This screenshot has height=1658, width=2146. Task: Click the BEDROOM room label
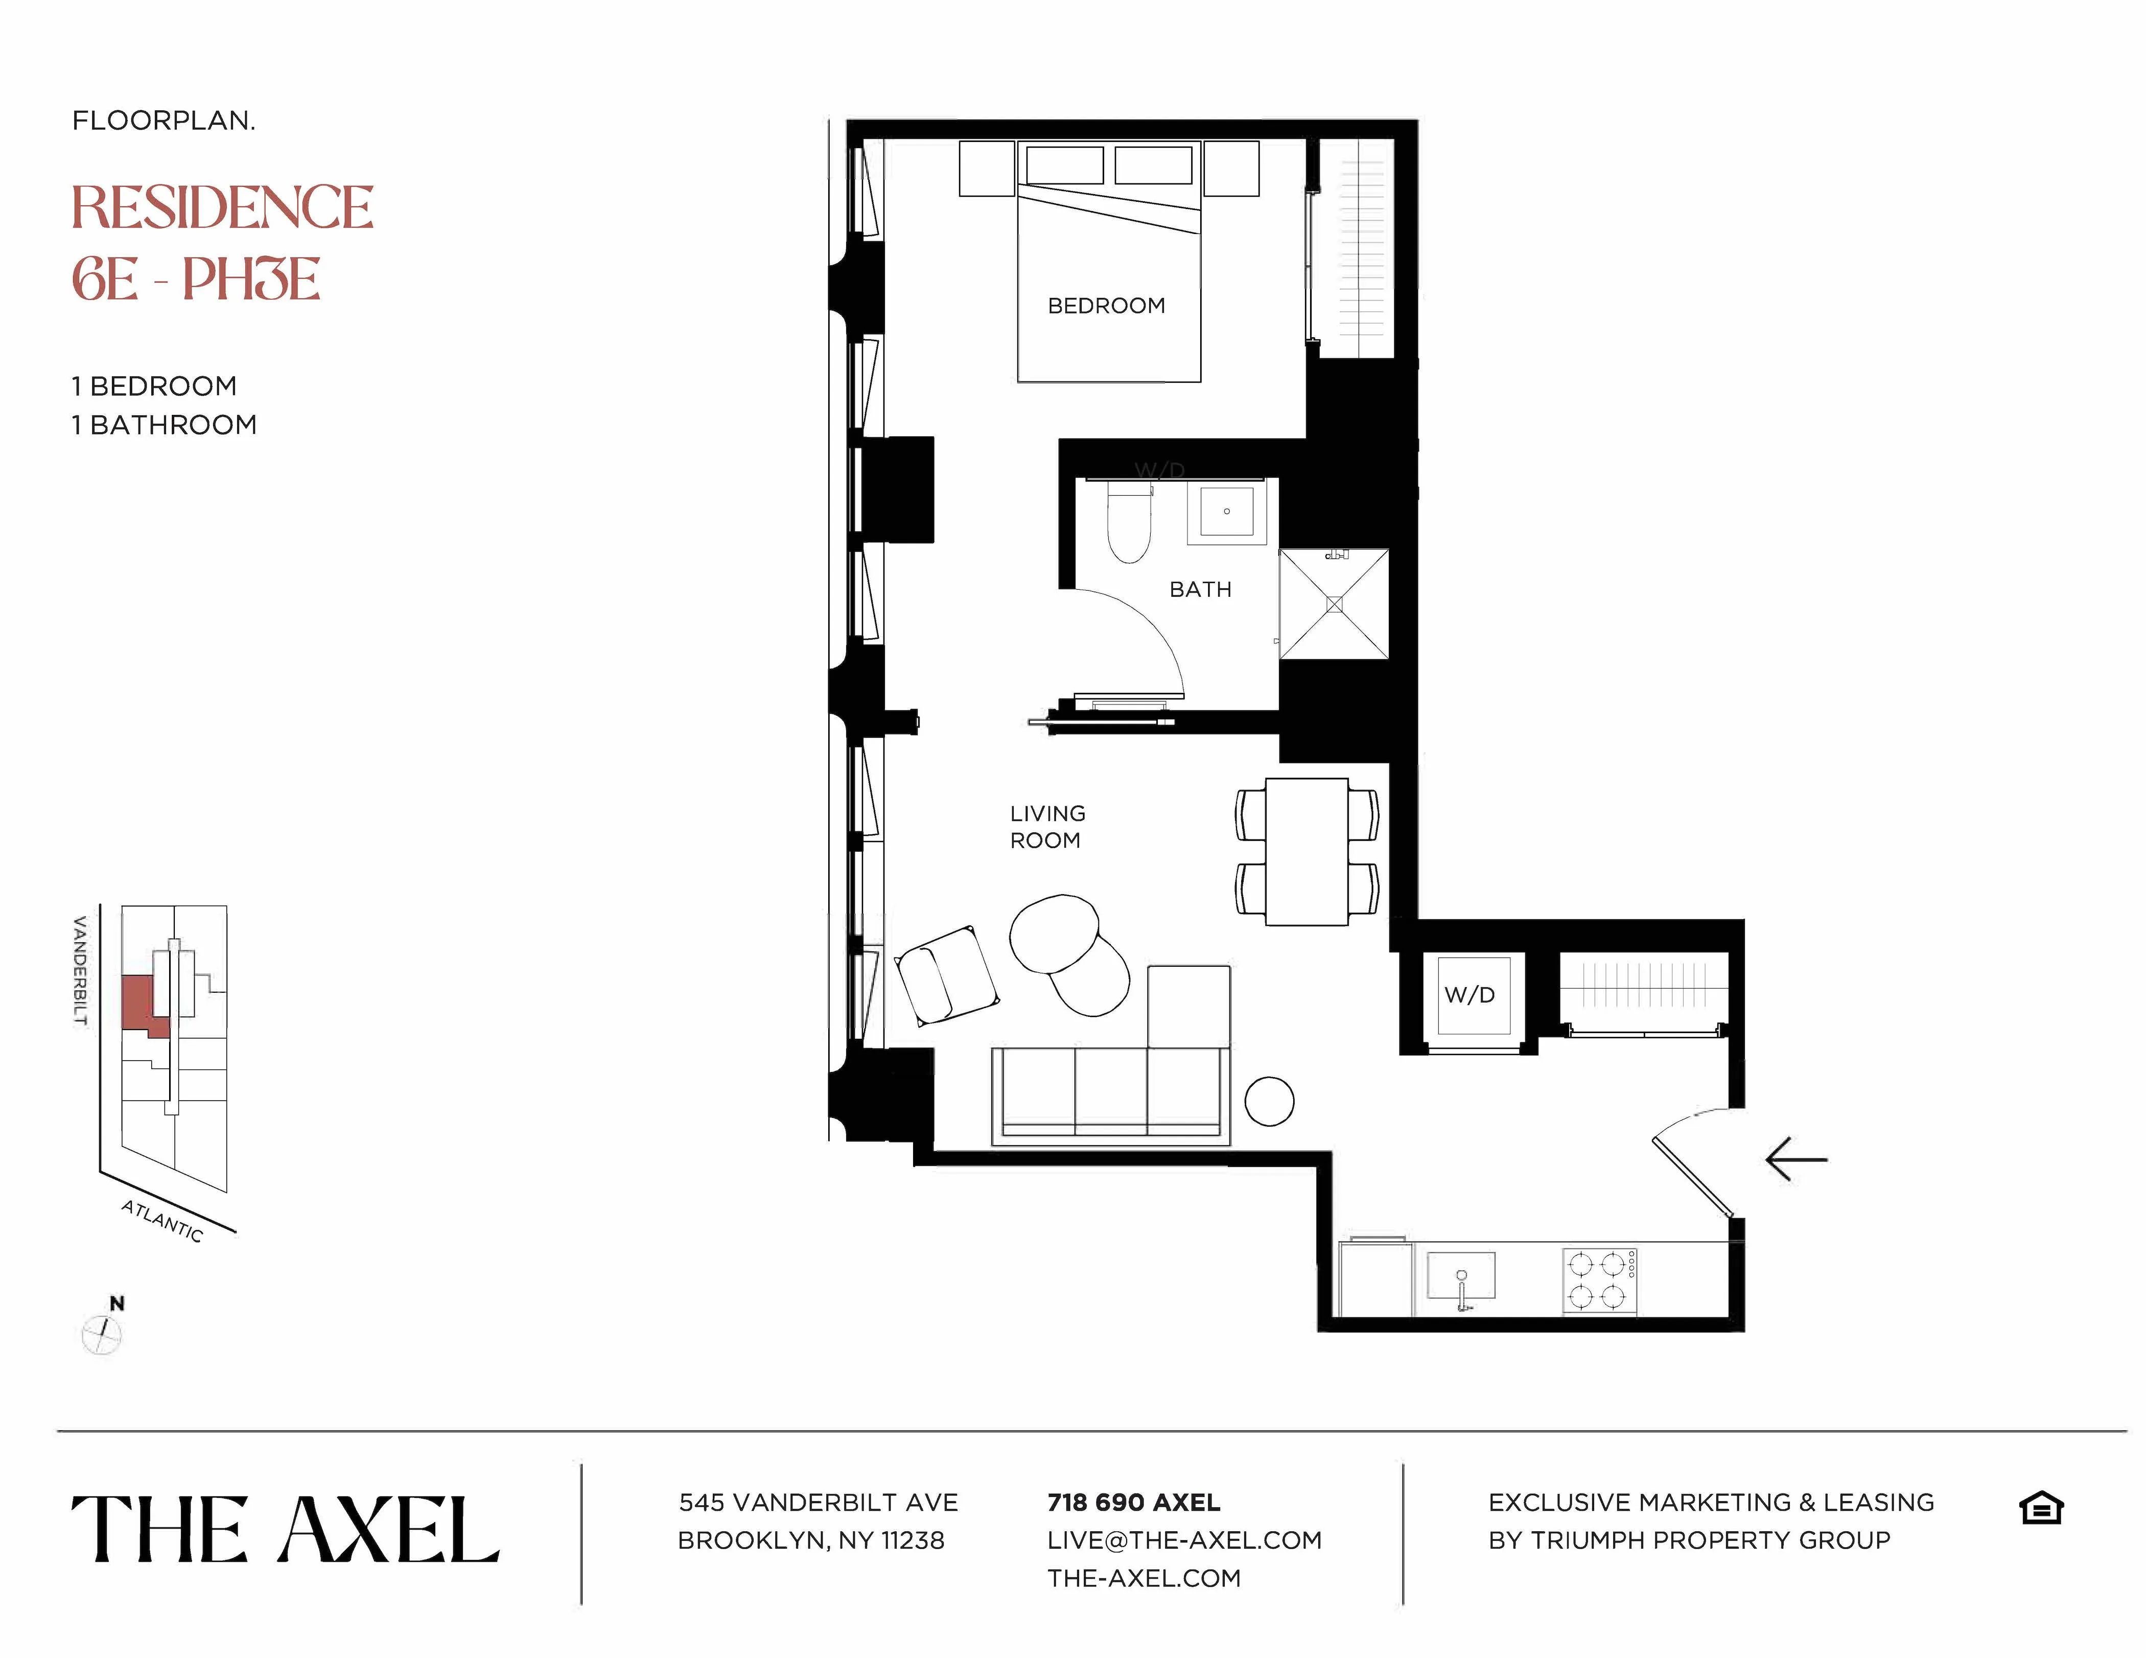point(1106,306)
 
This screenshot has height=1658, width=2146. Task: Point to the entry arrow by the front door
point(1796,1160)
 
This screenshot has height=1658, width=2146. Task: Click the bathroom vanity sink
point(1226,511)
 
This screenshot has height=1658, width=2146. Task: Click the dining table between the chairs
point(1307,851)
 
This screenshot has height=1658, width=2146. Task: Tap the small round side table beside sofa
point(1269,1101)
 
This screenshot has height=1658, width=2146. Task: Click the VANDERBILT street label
point(81,970)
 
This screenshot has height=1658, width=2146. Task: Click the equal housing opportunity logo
point(2041,1508)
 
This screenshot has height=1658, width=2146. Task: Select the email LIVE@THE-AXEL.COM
point(1184,1540)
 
